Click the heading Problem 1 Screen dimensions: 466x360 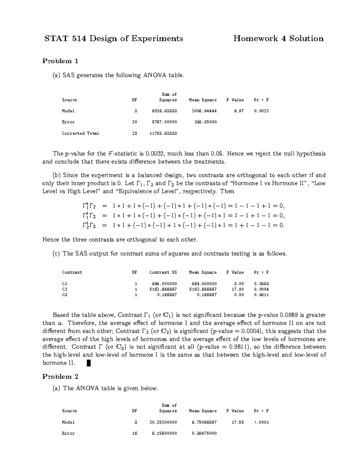[x=60, y=61]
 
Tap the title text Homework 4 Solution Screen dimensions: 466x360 [x=278, y=39]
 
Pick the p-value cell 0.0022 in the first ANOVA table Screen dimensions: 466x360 [x=261, y=111]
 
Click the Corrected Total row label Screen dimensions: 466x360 [x=80, y=133]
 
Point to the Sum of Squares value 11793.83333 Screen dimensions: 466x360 [x=163, y=133]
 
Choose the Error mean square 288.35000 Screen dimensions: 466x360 [x=204, y=122]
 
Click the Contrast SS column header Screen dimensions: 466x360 [x=163, y=272]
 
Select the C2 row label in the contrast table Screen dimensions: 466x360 [x=64, y=289]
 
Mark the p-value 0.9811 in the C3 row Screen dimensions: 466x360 [x=261, y=295]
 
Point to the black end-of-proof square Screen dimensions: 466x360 [x=88, y=363]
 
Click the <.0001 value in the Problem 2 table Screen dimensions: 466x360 [x=261, y=422]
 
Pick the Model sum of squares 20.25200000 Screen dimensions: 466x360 [x=163, y=422]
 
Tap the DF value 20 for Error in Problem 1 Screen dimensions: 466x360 [x=135, y=122]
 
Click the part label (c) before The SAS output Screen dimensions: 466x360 [x=56, y=254]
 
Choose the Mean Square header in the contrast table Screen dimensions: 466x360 [x=203, y=272]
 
